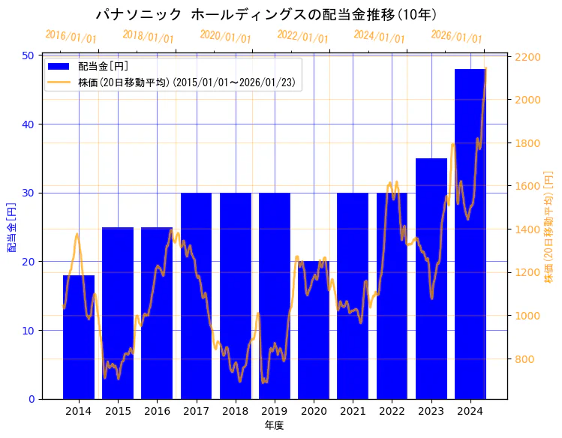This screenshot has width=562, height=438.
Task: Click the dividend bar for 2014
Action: (x=79, y=337)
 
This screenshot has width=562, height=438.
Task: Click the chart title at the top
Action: (x=267, y=15)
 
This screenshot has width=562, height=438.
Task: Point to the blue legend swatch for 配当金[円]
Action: (x=59, y=67)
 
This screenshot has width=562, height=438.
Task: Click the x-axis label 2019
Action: (x=274, y=411)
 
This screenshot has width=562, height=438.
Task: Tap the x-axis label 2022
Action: (x=392, y=411)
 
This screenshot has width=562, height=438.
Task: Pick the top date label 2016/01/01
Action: (x=71, y=37)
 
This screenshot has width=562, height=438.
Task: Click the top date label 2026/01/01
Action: (x=456, y=37)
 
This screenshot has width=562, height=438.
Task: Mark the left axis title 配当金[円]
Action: (x=11, y=227)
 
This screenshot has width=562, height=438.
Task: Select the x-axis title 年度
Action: (x=274, y=426)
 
